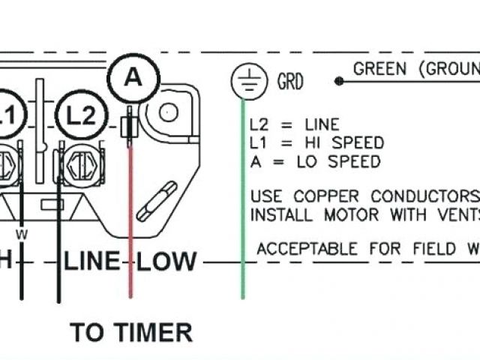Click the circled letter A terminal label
[x=133, y=76]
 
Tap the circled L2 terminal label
[x=80, y=115]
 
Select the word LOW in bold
[x=167, y=262]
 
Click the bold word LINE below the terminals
[x=92, y=262]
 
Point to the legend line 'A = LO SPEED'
[x=315, y=161]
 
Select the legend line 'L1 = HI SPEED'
[x=316, y=142]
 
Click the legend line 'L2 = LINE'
[x=294, y=125]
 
